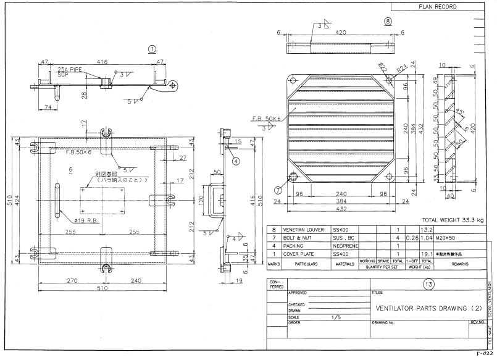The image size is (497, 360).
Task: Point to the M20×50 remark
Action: pos(443,238)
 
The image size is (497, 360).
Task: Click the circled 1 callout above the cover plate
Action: pos(152,49)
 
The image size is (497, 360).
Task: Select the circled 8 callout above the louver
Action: pos(387,21)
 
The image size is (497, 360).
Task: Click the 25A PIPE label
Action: pos(69,70)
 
